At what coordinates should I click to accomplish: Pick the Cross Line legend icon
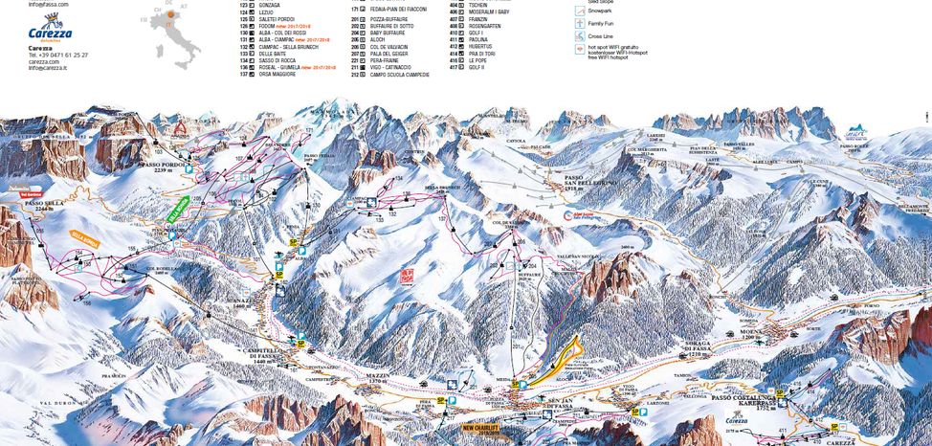pos(580,34)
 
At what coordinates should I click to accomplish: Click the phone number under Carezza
pos(58,56)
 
